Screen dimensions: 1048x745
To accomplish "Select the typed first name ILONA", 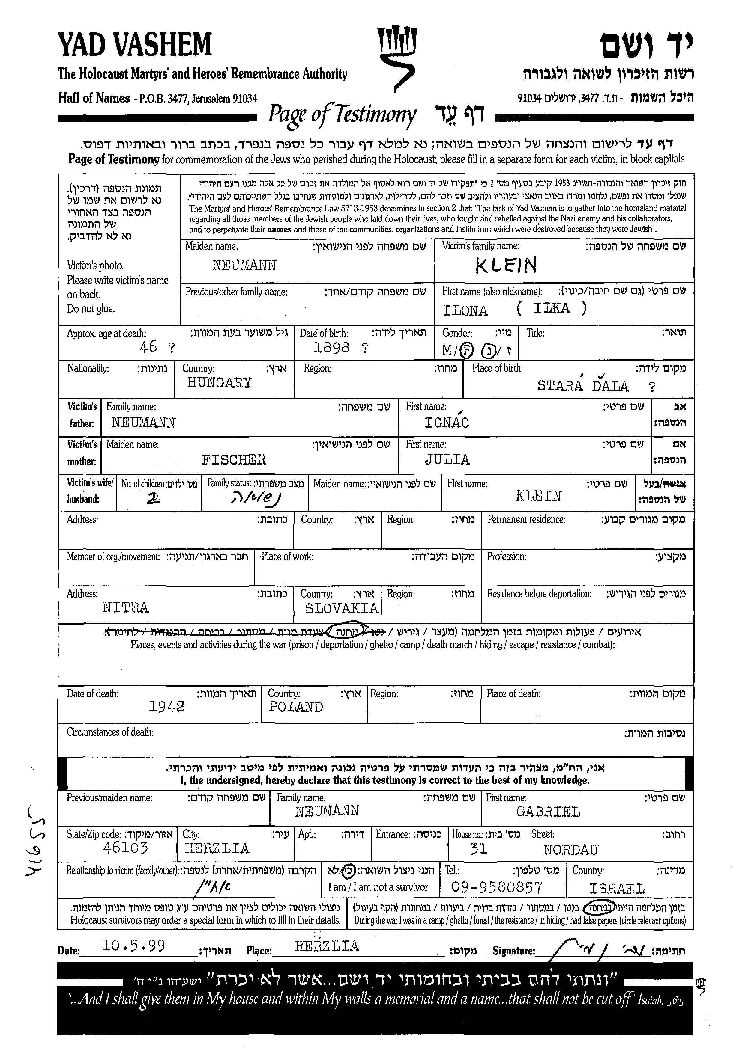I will point(465,311).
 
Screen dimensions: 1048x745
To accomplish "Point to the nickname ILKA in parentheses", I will point(552,308).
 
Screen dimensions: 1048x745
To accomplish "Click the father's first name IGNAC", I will point(447,422).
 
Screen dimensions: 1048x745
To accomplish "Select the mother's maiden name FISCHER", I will point(234,460).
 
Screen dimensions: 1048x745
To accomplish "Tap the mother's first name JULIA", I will point(447,460).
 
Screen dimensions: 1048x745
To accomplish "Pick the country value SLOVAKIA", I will point(342,608).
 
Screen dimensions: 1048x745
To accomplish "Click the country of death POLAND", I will point(296,707).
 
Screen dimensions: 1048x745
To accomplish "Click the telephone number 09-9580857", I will point(497,888).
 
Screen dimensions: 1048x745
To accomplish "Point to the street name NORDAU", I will point(571,850).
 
